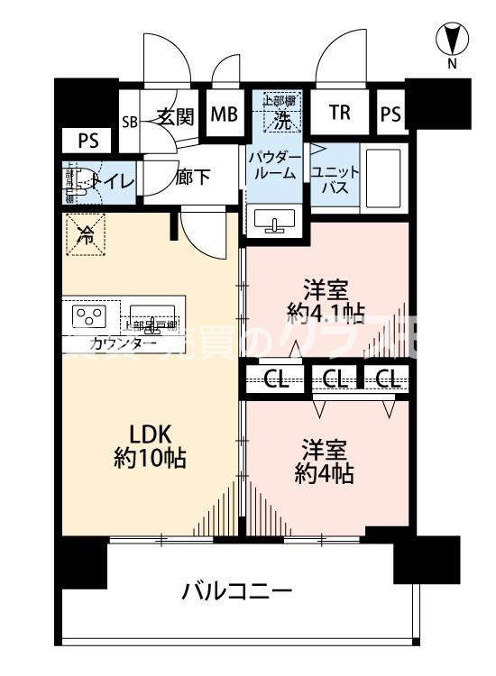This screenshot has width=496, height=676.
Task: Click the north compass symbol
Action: click(454, 40)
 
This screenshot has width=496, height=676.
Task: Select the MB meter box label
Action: click(225, 114)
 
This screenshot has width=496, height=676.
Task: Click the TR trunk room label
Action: click(339, 113)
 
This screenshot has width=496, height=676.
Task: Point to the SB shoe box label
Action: click(130, 122)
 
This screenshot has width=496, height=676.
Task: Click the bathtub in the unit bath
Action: click(383, 177)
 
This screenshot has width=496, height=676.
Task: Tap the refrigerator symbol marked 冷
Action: click(86, 237)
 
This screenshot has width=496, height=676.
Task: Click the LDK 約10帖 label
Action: click(150, 444)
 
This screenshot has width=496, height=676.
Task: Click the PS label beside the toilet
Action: click(87, 140)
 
